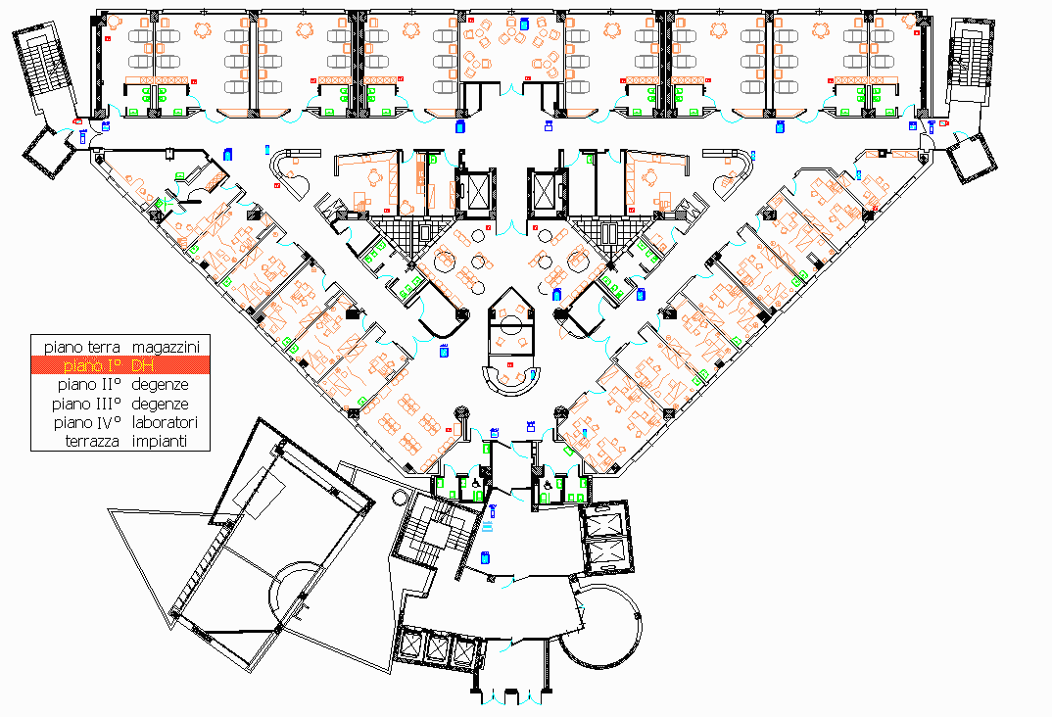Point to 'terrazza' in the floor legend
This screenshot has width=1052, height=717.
89,442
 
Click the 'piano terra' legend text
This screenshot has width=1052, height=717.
82,347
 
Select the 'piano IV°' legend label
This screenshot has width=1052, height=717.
86,423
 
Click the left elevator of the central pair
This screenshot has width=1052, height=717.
476,191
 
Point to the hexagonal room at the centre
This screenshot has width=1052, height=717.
510,323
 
